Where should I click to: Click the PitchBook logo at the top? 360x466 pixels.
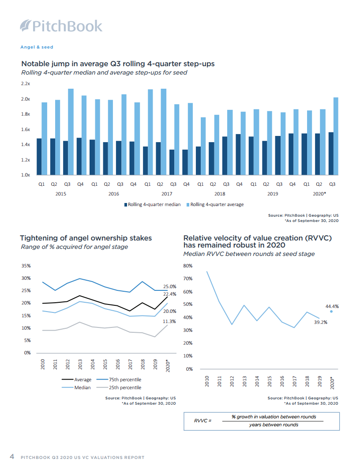(x=61, y=26)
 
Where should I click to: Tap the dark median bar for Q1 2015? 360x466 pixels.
(x=39, y=157)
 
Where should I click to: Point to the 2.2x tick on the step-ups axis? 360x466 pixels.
(x=25, y=83)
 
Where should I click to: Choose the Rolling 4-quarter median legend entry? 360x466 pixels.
(x=152, y=205)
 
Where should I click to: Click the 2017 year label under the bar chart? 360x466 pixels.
(x=166, y=194)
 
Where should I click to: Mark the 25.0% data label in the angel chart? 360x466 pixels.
(x=170, y=287)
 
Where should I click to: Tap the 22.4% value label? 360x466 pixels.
(x=170, y=294)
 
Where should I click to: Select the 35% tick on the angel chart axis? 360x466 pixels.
(x=26, y=266)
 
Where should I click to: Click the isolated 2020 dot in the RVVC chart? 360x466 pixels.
(x=331, y=311)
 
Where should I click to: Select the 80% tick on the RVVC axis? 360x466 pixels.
(x=188, y=266)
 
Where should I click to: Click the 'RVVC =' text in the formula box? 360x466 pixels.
(x=203, y=421)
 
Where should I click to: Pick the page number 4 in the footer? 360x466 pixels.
(x=12, y=457)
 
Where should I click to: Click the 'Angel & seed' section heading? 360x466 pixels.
(x=37, y=47)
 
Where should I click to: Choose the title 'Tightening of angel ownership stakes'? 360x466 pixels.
(x=86, y=238)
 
